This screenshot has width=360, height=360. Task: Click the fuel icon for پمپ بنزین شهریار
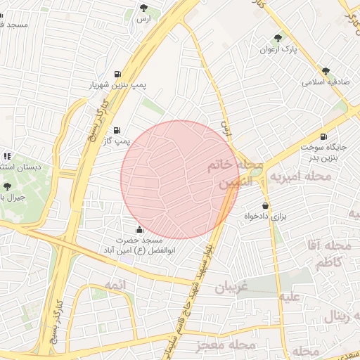point(116,73)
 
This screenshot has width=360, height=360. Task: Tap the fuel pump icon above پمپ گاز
point(116,130)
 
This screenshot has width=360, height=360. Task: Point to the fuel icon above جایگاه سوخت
point(323,136)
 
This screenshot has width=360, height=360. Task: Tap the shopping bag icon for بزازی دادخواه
point(265,205)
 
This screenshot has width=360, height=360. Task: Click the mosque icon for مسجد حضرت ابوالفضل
point(139,229)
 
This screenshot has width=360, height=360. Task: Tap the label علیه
point(290,296)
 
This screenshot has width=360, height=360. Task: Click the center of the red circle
point(180,179)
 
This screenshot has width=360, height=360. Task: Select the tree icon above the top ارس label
point(144,8)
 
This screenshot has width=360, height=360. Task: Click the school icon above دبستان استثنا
point(7,156)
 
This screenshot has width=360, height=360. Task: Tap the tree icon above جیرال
point(7,186)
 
